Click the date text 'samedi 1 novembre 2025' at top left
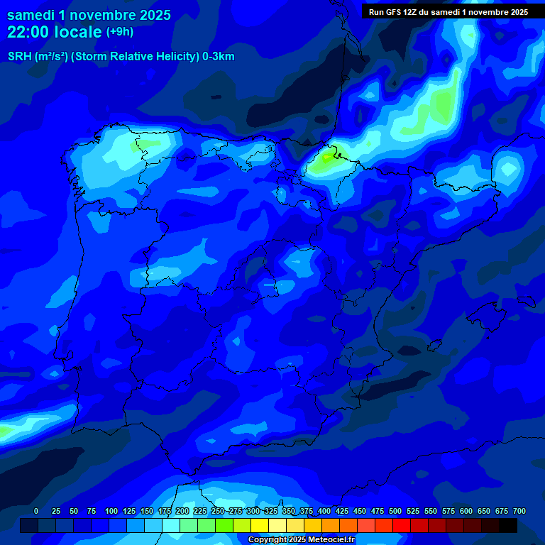click(89, 15)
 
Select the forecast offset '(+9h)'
click(120, 32)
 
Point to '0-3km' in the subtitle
click(219, 57)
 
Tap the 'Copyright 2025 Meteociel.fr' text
click(301, 540)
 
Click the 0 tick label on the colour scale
click(36, 511)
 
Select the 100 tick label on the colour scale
click(111, 511)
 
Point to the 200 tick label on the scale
click(182, 511)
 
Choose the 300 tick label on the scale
click(253, 511)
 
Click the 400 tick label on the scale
click(324, 511)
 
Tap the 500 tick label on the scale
click(395, 511)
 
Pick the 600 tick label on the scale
click(466, 511)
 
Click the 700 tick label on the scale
click(519, 511)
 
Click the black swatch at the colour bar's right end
click(508, 526)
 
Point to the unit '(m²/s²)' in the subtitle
click(50, 57)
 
